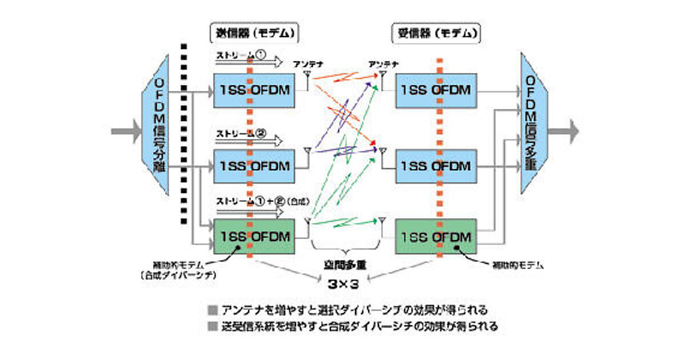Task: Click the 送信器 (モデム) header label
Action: [x=255, y=33]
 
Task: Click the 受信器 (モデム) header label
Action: [x=436, y=33]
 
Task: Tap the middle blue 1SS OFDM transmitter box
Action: [x=254, y=166]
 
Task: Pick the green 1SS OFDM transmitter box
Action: [x=254, y=236]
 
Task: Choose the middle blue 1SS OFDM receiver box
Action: [x=436, y=166]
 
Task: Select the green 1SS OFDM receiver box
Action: [x=436, y=236]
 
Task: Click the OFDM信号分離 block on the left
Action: [x=158, y=131]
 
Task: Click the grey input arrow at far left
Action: [x=125, y=131]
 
